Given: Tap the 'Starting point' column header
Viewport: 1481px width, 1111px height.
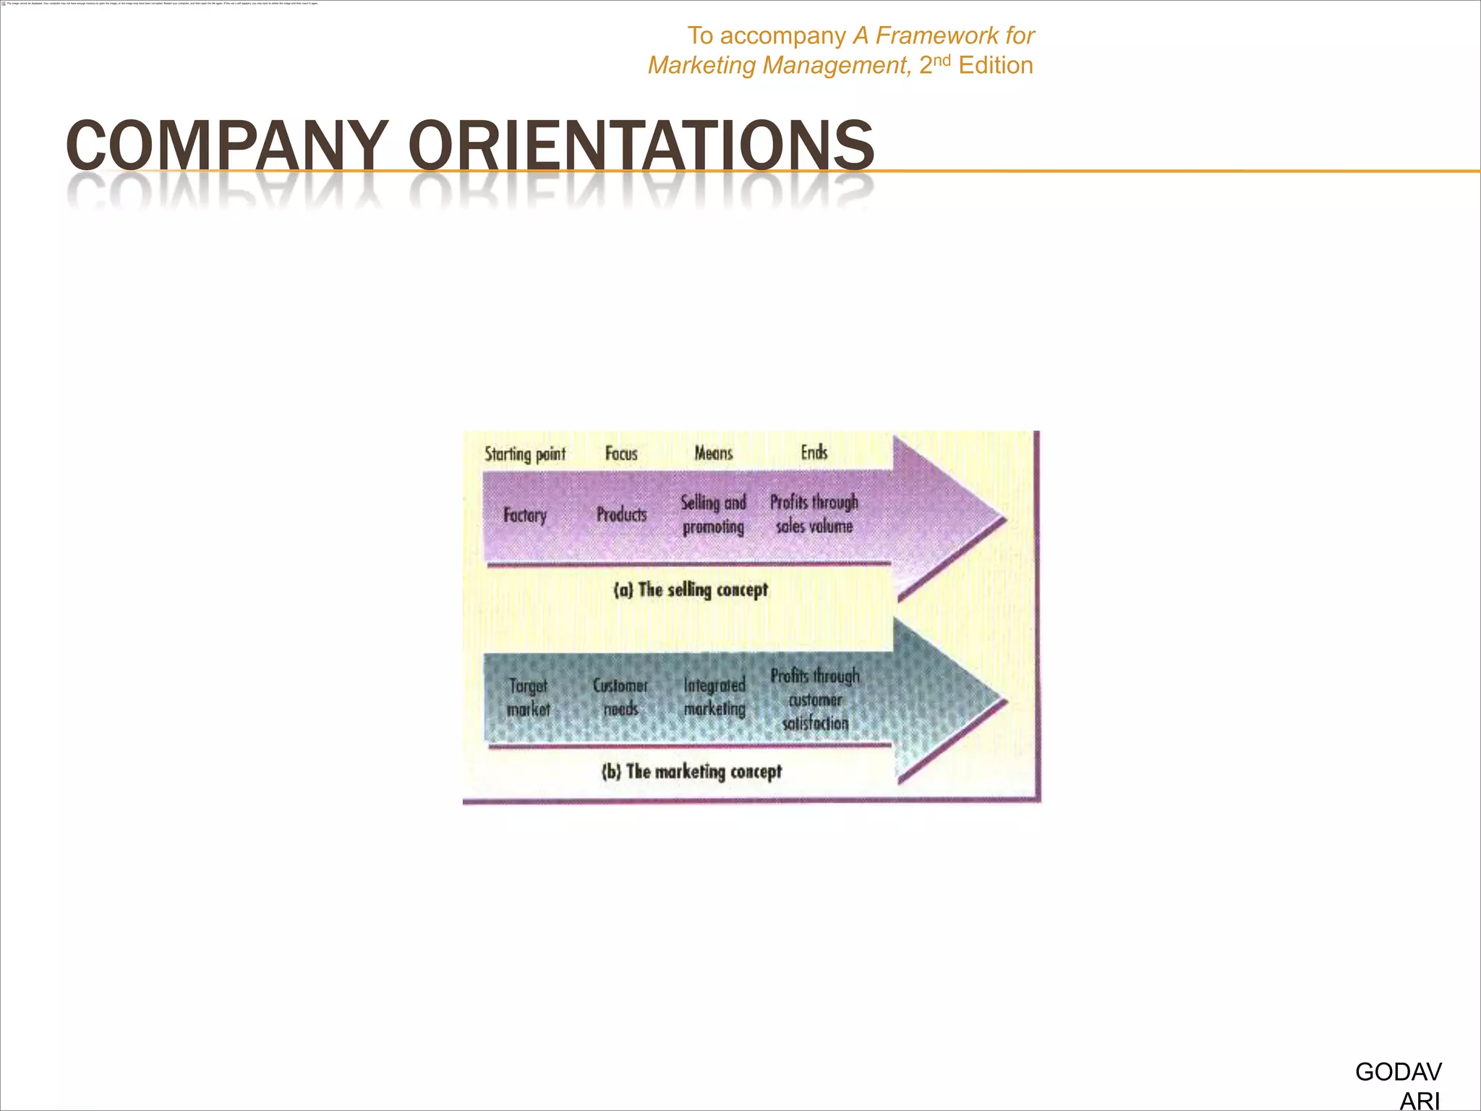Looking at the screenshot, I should (x=525, y=454).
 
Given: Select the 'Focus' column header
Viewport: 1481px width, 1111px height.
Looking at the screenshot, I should (x=621, y=454).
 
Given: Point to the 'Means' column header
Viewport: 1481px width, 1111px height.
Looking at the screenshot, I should (x=714, y=454).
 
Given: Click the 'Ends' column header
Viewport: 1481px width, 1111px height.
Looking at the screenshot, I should (x=814, y=452).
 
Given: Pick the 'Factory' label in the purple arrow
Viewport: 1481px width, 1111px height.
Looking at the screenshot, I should (x=525, y=515).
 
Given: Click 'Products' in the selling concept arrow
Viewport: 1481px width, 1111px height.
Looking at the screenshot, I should (x=622, y=514).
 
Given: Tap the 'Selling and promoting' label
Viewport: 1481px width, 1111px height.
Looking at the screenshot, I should (x=714, y=514).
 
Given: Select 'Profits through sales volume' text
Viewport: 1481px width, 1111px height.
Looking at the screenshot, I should (x=814, y=514).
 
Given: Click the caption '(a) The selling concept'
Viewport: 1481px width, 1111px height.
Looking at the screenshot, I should (x=691, y=590).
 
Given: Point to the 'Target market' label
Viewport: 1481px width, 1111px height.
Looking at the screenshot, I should (x=528, y=697).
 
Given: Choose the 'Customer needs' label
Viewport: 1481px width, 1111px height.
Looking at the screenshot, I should (x=620, y=697).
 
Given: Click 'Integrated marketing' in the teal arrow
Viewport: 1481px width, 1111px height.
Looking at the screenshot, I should (x=714, y=697).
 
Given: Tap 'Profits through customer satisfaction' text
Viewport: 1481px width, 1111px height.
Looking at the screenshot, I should (x=815, y=699).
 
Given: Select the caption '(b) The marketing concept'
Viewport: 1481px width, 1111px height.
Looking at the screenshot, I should (x=692, y=772).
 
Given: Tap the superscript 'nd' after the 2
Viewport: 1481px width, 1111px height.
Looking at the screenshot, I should (x=942, y=59).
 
